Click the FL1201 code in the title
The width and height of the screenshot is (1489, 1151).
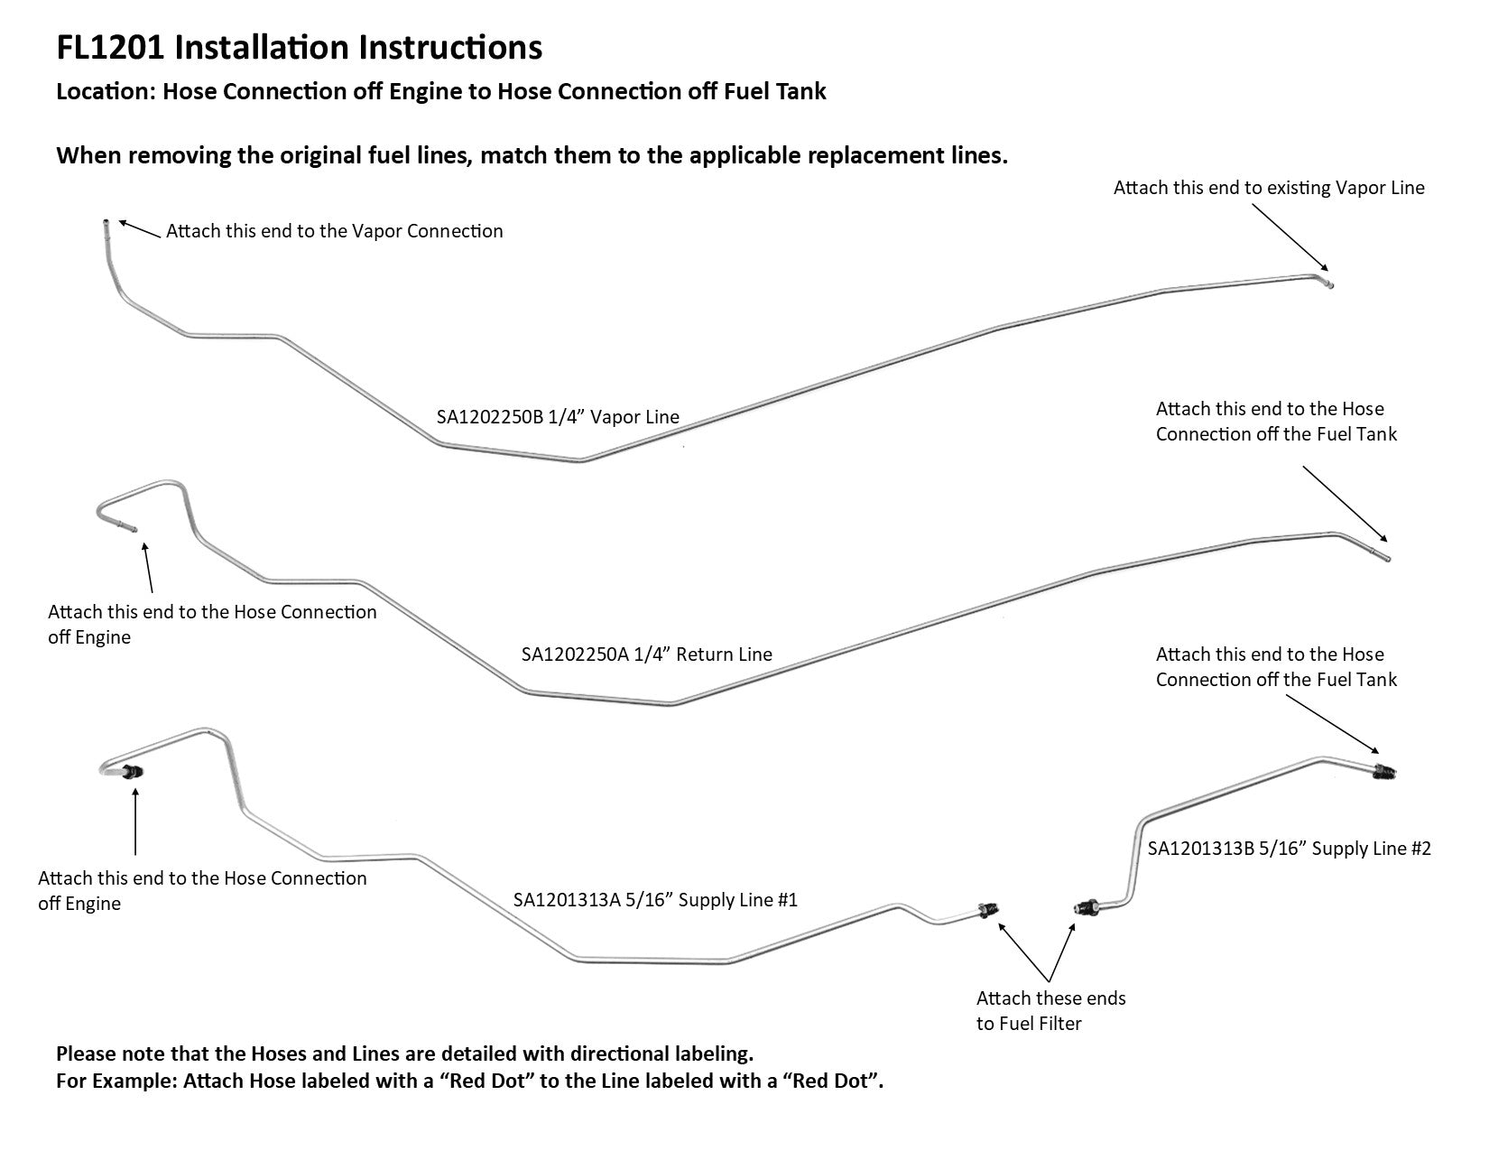(110, 47)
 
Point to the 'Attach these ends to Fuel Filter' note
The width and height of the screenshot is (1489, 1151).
(1050, 1010)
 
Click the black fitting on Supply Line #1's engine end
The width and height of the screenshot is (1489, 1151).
(134, 772)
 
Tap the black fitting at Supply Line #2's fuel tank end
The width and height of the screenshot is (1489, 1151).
(1383, 771)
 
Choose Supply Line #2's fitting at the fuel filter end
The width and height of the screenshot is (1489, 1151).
(1086, 905)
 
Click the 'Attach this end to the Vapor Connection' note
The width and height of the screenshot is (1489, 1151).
(334, 231)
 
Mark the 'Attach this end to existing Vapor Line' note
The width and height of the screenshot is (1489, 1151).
(1268, 188)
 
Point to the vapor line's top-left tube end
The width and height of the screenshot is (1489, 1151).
(106, 224)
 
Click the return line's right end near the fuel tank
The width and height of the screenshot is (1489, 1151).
(1385, 558)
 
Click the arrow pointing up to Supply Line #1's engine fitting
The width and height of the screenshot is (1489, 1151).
(135, 821)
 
